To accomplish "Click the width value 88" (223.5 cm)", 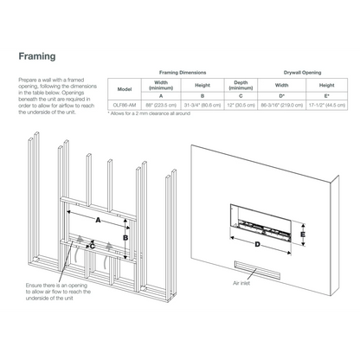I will click(x=160, y=104).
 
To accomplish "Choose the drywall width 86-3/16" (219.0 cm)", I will click(x=281, y=104).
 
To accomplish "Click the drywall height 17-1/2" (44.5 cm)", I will click(x=325, y=104).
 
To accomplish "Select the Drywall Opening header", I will click(x=303, y=74).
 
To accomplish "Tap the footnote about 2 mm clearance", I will click(x=148, y=113).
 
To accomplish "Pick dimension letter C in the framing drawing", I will click(x=93, y=245).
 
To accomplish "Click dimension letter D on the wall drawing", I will click(x=257, y=243).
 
